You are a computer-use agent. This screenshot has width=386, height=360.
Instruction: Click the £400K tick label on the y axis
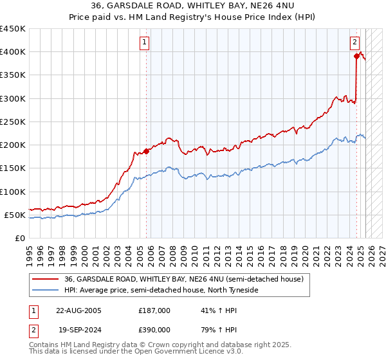(12, 52)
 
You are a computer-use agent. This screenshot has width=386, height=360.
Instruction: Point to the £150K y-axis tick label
(12, 168)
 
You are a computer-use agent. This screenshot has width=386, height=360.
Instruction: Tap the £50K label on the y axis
(15, 215)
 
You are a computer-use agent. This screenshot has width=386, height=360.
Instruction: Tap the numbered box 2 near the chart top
(354, 43)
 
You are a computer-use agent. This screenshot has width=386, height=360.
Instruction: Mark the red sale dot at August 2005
(146, 151)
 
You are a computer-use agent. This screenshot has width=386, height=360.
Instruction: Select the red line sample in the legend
(45, 279)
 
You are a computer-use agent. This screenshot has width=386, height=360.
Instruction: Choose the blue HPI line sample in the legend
(45, 291)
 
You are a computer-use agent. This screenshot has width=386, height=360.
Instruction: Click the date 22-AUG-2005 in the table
(79, 310)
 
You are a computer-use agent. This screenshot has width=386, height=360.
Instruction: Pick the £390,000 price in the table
(154, 330)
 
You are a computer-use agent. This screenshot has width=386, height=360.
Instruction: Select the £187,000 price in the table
(154, 310)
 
